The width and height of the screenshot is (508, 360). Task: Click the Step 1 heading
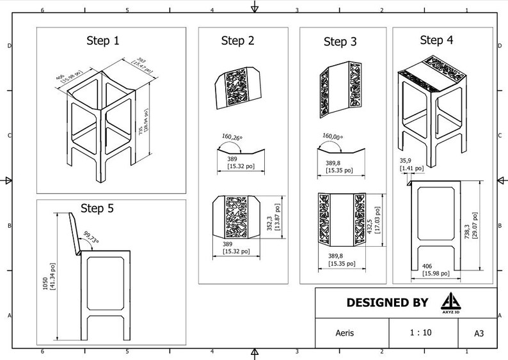(103, 41)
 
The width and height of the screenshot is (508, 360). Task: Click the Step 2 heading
(237, 41)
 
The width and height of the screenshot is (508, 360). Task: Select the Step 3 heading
(340, 42)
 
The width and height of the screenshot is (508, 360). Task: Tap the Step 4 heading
(436, 40)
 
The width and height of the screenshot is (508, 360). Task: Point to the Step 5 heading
(97, 208)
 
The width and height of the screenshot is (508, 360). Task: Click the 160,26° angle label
(234, 136)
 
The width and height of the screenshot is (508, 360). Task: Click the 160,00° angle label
(336, 136)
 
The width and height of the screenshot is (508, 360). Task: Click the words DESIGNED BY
(386, 302)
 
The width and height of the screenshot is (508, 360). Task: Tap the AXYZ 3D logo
(450, 302)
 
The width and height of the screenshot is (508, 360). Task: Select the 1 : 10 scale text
(420, 333)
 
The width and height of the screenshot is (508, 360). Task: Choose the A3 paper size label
(479, 333)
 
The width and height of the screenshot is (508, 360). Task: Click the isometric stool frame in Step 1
(102, 121)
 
